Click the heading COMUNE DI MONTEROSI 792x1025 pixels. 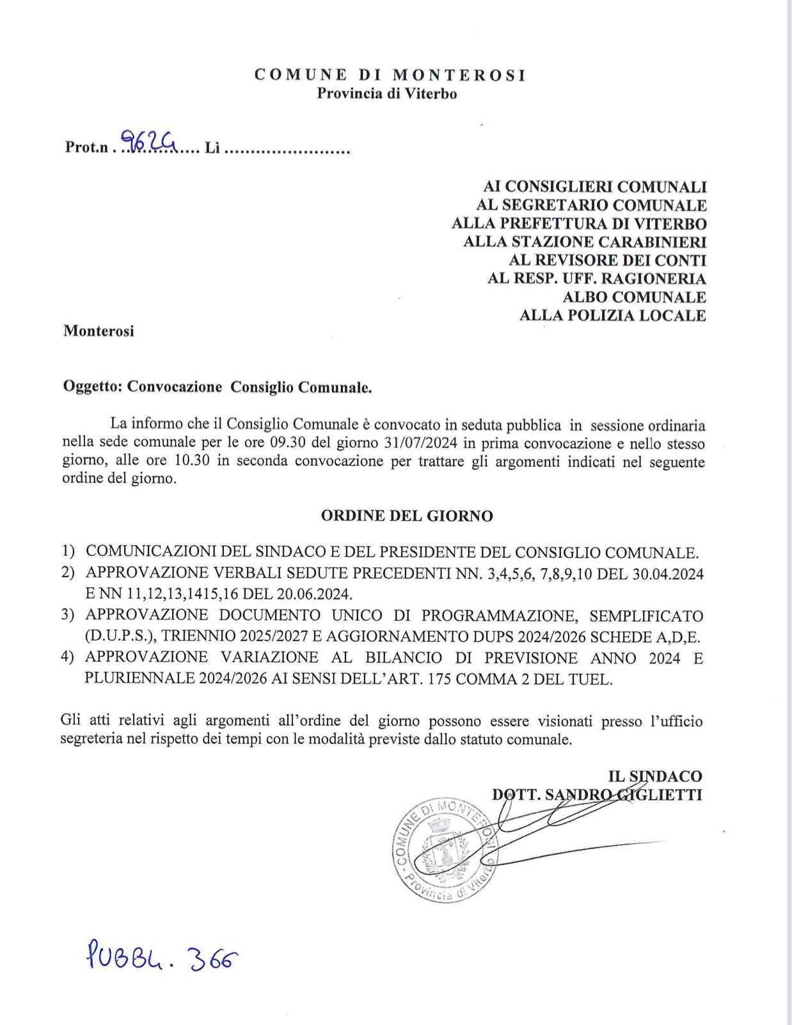pyautogui.click(x=390, y=75)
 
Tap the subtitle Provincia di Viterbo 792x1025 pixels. pyautogui.click(x=387, y=94)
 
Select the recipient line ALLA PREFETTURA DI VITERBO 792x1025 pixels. pyautogui.click(x=579, y=224)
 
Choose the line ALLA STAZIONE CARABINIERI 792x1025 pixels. pyautogui.click(x=585, y=242)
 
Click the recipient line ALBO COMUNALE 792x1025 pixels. pyautogui.click(x=634, y=298)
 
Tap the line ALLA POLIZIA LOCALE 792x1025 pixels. pyautogui.click(x=612, y=315)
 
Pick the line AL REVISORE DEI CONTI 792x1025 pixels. pyautogui.click(x=607, y=260)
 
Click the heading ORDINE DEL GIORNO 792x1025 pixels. pyautogui.click(x=407, y=516)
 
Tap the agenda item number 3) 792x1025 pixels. pyautogui.click(x=68, y=615)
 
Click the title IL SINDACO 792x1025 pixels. pyautogui.click(x=654, y=776)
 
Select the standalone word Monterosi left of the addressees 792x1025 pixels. pyautogui.click(x=99, y=331)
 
